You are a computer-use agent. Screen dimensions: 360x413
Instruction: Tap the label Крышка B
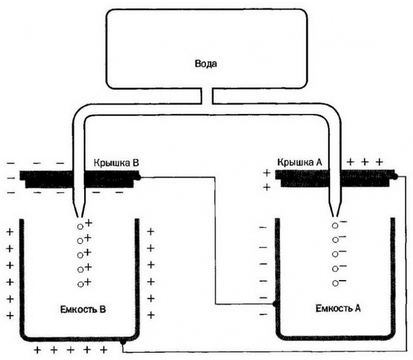pos(116,162)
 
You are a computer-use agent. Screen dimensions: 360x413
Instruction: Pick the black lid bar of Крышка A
pos(366,178)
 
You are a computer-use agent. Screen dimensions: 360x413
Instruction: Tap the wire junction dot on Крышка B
pos(139,178)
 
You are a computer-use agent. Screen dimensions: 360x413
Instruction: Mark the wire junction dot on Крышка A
pos(396,177)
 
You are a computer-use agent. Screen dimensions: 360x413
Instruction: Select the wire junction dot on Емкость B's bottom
pos(122,342)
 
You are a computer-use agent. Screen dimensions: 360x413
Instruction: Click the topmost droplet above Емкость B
pos(81,227)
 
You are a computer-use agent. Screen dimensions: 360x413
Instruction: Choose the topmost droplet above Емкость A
pos(335,226)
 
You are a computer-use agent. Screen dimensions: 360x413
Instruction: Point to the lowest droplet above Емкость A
pos(335,283)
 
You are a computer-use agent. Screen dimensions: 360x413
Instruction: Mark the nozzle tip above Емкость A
pos(335,213)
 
